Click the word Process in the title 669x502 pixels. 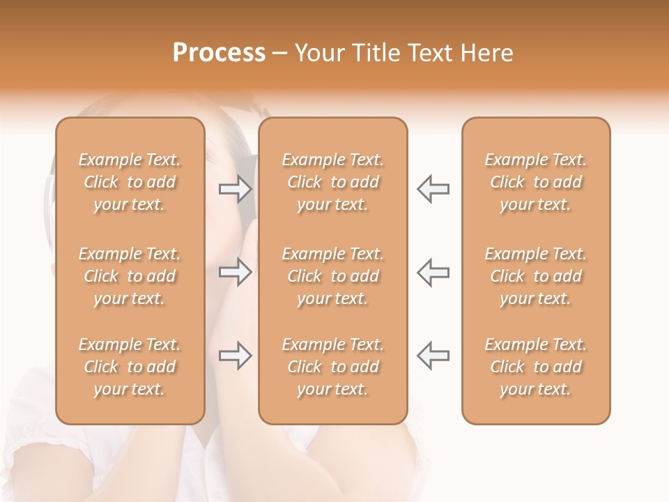[219, 53]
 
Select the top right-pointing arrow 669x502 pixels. [235, 188]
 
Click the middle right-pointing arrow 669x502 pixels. [235, 272]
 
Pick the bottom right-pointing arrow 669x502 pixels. [235, 356]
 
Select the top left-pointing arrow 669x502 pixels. [433, 188]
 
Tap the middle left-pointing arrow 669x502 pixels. [433, 272]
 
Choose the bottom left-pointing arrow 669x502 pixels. [433, 356]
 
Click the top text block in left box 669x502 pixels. [130, 182]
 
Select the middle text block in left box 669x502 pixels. [130, 276]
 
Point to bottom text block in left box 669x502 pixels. [130, 367]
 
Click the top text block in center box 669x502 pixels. [333, 182]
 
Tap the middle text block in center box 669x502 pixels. [333, 276]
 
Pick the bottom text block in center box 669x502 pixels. [333, 367]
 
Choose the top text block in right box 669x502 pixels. [536, 182]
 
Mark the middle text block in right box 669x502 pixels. [536, 276]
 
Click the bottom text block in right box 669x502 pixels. [536, 367]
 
